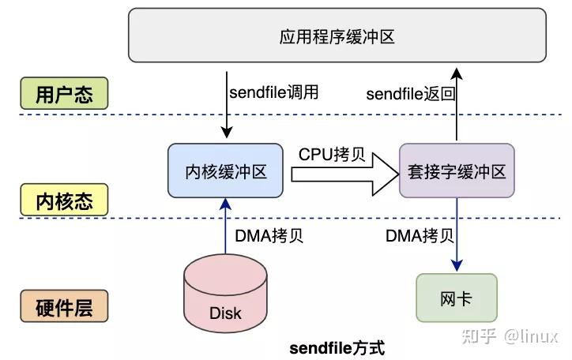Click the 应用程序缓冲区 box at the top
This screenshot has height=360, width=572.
point(337,36)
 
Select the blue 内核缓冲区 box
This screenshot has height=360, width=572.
point(225,171)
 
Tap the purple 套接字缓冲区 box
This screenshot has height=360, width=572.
point(457,171)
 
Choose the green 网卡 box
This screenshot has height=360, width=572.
point(457,298)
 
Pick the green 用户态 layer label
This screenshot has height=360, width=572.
point(64,95)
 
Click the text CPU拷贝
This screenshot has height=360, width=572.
point(331,154)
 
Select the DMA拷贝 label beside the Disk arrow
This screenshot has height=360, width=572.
point(269,235)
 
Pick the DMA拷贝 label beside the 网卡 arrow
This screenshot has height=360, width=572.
point(420,235)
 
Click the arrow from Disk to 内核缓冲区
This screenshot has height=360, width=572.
point(225,225)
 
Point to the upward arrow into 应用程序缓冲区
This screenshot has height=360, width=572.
point(457,103)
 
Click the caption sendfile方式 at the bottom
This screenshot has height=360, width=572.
point(337,347)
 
